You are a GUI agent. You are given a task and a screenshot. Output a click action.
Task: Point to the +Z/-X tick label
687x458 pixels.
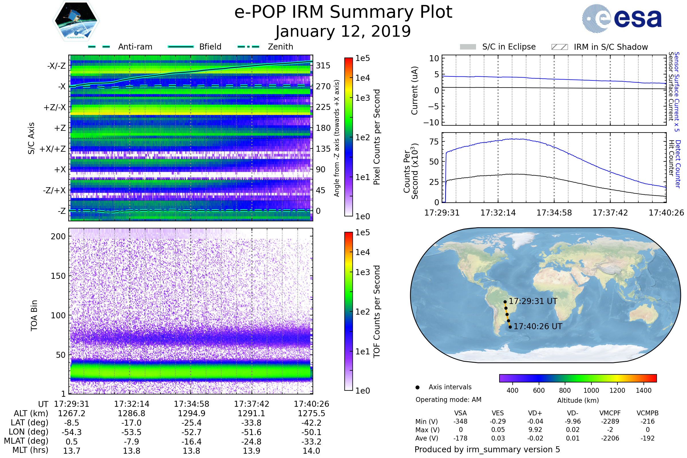click(x=55, y=108)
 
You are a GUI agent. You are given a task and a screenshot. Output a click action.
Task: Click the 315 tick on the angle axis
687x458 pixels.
click(x=323, y=66)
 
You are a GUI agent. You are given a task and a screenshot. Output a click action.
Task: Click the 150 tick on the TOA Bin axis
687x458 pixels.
click(x=58, y=276)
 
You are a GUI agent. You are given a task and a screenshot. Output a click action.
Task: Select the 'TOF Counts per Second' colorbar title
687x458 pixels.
click(x=377, y=311)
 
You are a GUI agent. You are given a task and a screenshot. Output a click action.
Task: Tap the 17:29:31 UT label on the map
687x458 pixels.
click(x=533, y=301)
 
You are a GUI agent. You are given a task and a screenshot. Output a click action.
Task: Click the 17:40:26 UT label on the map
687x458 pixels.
click(x=538, y=326)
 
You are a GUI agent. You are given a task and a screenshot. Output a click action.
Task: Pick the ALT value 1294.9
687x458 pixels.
click(x=192, y=413)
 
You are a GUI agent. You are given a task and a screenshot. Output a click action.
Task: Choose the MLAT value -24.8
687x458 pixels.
click(x=252, y=442)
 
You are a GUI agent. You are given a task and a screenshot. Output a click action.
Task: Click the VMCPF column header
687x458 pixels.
click(x=610, y=413)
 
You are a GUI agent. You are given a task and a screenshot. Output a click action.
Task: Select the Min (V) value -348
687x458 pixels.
click(x=460, y=421)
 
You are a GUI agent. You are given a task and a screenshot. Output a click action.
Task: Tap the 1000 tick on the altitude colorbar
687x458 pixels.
click(x=591, y=390)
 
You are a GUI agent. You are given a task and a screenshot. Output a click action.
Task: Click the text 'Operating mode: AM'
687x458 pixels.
click(x=448, y=400)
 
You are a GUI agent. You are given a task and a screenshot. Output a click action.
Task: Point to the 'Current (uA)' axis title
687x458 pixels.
click(x=414, y=90)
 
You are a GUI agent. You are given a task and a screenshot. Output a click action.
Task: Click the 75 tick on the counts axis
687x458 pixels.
click(x=434, y=142)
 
